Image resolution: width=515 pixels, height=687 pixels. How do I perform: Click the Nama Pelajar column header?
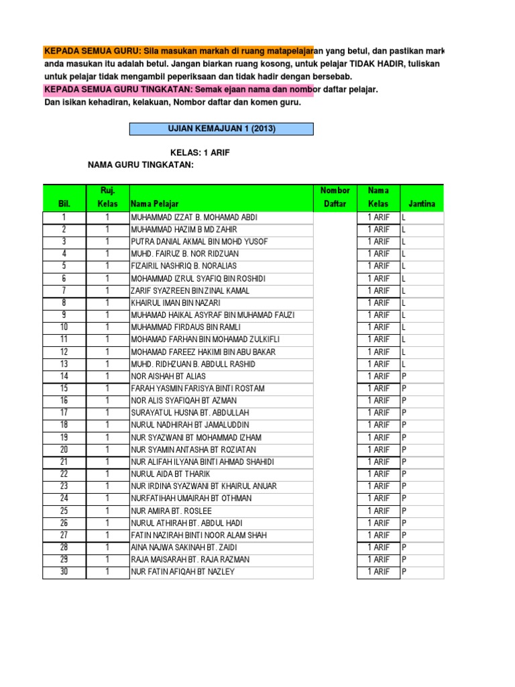pos(155,203)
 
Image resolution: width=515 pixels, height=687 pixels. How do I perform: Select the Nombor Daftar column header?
pos(335,197)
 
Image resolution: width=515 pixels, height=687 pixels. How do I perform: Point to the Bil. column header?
pos(64,203)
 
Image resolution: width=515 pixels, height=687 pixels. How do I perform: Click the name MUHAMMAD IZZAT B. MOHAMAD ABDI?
pos(194,217)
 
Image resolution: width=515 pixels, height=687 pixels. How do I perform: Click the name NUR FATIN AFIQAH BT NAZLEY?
pos(183,572)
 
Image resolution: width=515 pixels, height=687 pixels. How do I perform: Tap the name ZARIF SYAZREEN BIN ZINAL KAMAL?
pos(190,290)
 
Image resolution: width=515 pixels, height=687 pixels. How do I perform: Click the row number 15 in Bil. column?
pos(64,388)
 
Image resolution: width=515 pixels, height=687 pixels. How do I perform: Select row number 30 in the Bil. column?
pos(64,572)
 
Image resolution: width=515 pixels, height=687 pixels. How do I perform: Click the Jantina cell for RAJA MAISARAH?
pos(421,560)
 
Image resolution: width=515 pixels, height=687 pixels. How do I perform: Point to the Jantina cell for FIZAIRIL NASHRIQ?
pos(421,266)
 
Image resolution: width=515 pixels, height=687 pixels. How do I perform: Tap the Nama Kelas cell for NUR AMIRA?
pos(378,511)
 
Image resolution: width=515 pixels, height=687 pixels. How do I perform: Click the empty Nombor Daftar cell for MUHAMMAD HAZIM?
pos(335,229)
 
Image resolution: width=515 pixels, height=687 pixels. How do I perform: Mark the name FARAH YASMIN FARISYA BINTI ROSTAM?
pos(198,388)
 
